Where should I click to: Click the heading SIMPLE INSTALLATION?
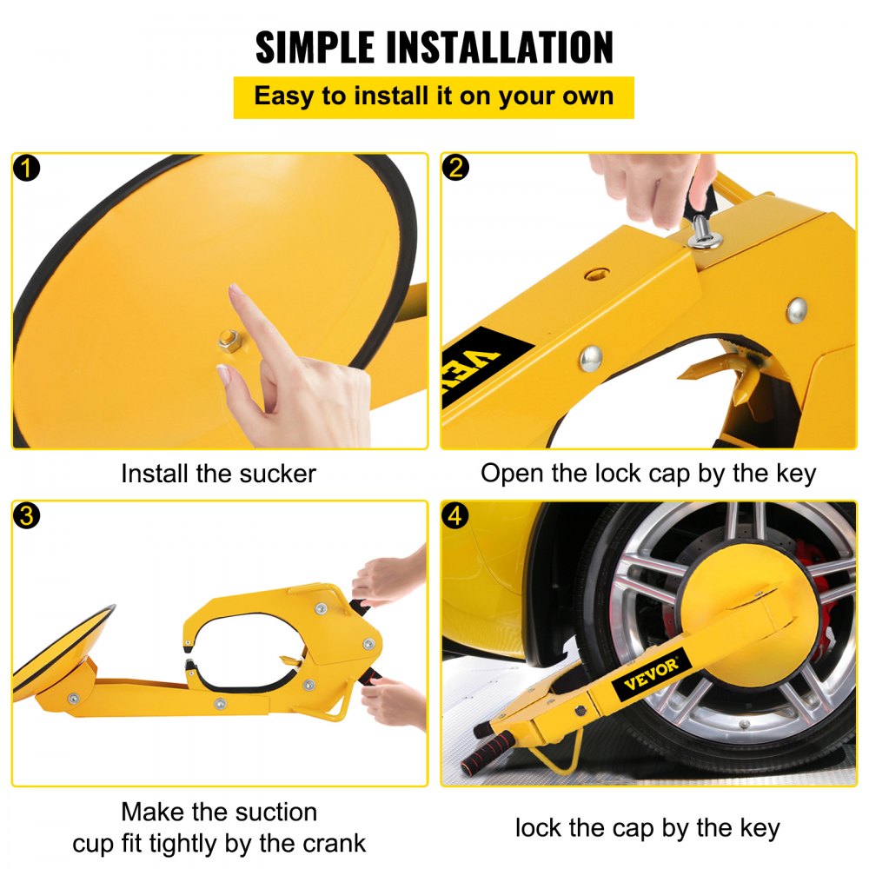point(434,47)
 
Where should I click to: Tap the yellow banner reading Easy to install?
point(434,96)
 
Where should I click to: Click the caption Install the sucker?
point(218,474)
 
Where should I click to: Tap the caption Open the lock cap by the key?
point(648,474)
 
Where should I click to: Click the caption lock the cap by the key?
point(647,827)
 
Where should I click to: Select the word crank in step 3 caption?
point(328,842)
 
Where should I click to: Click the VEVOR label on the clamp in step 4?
point(651,674)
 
